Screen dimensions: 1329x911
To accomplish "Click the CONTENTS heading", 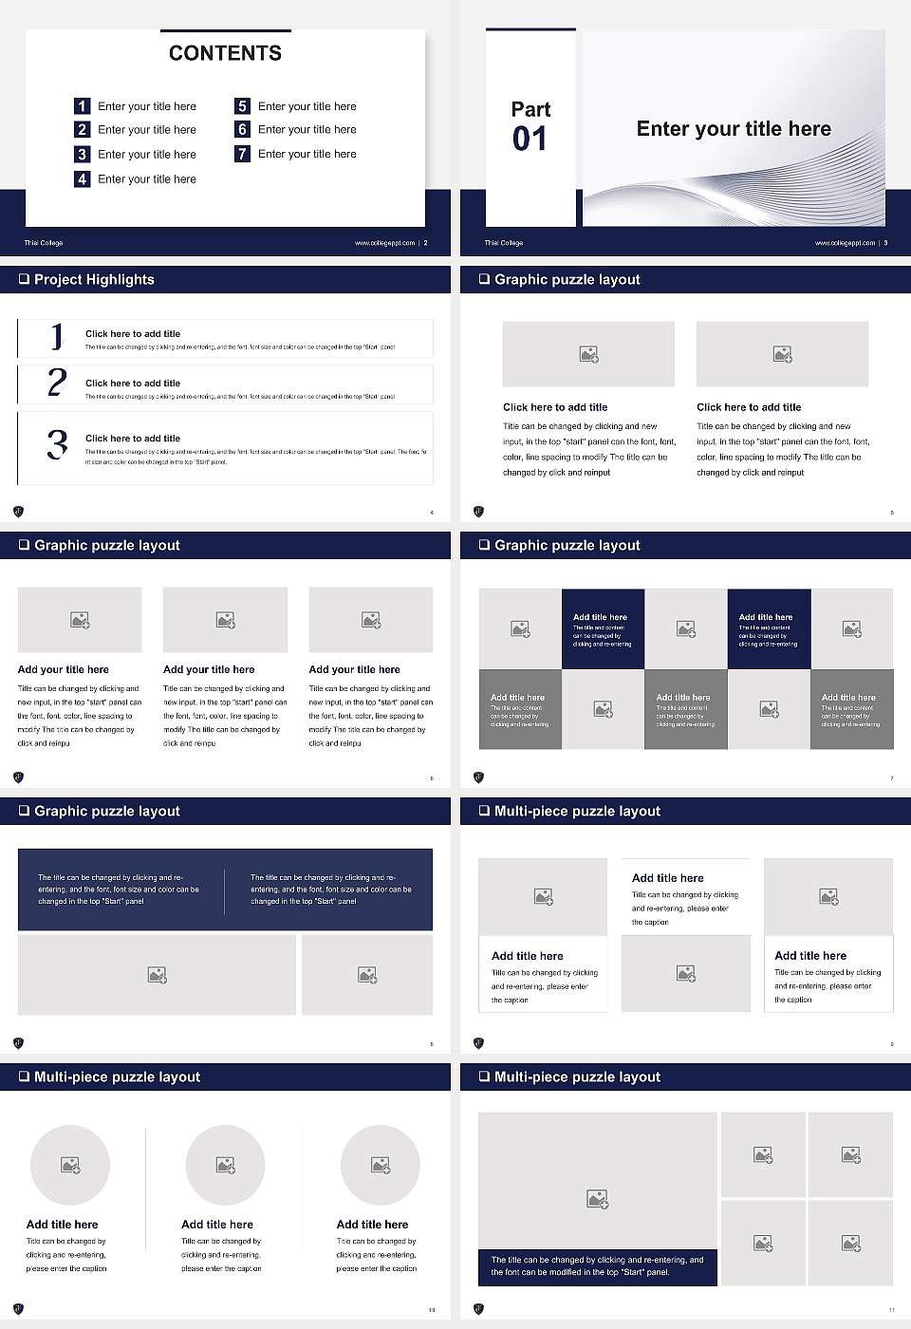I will [x=225, y=53].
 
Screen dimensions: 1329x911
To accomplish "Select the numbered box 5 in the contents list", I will [x=242, y=106].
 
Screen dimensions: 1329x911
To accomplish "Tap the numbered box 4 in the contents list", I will [x=83, y=178].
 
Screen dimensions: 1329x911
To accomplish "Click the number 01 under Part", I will [x=530, y=140].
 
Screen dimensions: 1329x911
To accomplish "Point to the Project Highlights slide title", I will [x=94, y=279].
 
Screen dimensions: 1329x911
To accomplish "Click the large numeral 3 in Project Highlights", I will [x=57, y=444].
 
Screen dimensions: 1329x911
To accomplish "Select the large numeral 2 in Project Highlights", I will [x=57, y=383].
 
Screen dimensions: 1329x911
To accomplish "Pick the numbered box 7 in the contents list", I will [x=242, y=154].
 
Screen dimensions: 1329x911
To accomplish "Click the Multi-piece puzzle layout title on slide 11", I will [x=577, y=1076].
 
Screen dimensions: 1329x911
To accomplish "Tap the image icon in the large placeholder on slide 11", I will [x=597, y=1199].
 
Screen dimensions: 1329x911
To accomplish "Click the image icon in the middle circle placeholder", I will [x=225, y=1165].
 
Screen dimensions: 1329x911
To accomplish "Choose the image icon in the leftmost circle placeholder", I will [x=70, y=1165].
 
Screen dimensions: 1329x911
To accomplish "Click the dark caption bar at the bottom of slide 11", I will [x=597, y=1266].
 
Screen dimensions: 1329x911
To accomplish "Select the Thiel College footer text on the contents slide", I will [x=44, y=243].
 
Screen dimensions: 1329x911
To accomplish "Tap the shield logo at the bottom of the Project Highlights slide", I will [x=18, y=512].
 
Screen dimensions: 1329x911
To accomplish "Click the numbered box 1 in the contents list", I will [x=83, y=106].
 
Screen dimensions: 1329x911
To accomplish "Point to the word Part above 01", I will [x=530, y=109].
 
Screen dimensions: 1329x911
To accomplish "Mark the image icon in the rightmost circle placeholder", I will [x=380, y=1165].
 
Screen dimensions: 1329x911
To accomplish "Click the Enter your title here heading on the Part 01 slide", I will [x=734, y=129].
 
